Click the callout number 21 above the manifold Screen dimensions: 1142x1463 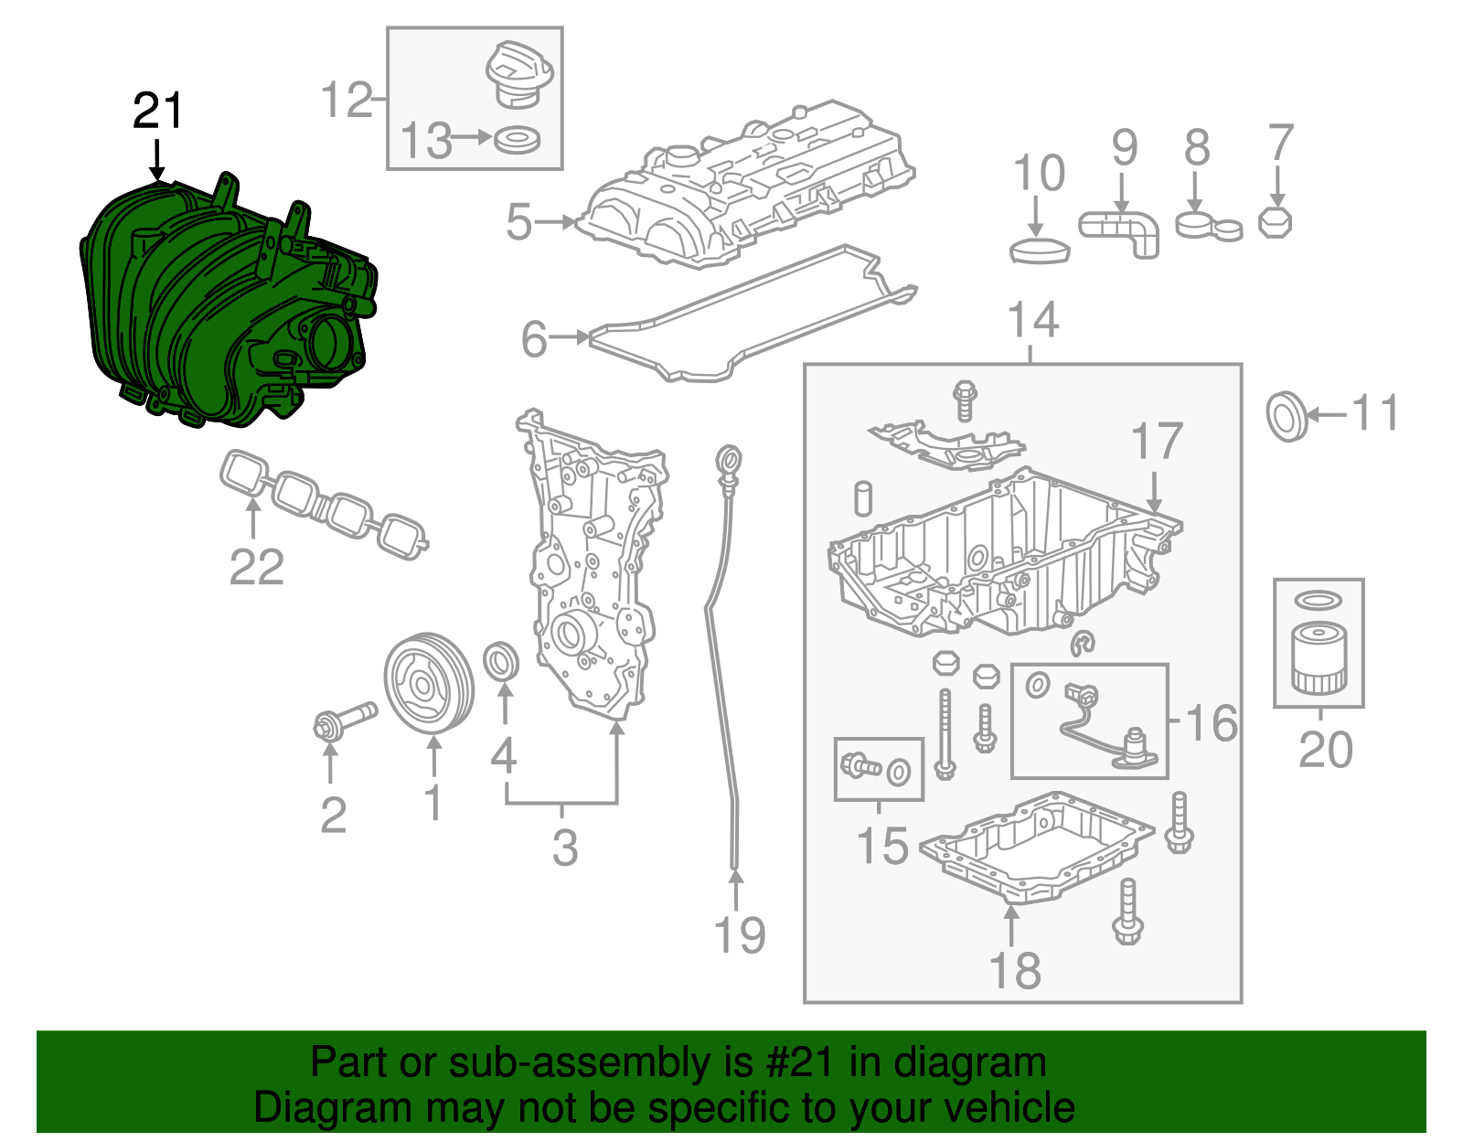pos(158,112)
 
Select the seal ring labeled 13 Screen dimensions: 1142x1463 pos(517,141)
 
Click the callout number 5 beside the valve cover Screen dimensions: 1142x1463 pos(518,222)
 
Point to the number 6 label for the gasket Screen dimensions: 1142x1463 pos(533,339)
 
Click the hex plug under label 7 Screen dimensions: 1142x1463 pos(1276,223)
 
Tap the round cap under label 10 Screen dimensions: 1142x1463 pos(1040,250)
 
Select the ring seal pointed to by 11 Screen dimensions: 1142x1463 pos(1287,416)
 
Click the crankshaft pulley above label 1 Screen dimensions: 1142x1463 pos(428,683)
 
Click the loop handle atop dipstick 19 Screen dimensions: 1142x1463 pos(729,458)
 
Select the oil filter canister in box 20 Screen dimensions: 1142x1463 pos(1319,658)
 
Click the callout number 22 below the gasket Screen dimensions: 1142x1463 pos(256,567)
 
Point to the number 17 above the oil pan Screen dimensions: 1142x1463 pos(1158,442)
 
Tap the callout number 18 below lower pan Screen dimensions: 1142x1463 pos(1015,970)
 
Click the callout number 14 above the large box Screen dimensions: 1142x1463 pos(1032,320)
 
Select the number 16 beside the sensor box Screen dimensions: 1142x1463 pos(1212,723)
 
